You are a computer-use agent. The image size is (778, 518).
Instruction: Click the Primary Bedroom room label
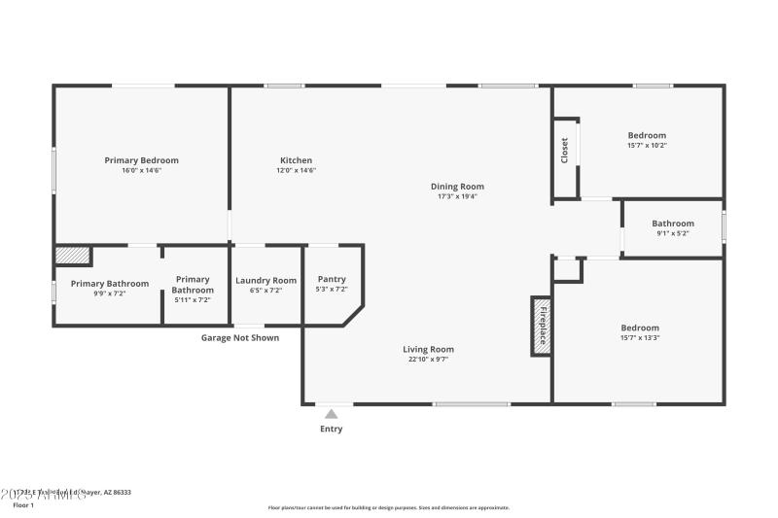[141, 160]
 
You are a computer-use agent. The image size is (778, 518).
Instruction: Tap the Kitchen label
[296, 160]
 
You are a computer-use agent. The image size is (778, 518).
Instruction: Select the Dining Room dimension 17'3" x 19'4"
[457, 196]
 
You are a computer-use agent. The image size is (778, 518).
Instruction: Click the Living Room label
[428, 349]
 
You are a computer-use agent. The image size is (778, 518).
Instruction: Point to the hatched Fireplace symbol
[541, 325]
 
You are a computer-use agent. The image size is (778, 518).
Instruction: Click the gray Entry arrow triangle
[331, 414]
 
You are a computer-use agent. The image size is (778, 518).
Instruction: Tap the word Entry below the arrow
[331, 429]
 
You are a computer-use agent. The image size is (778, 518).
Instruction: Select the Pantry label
[332, 279]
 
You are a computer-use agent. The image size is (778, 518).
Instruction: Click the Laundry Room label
[265, 280]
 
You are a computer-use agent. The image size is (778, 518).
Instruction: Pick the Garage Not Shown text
[239, 338]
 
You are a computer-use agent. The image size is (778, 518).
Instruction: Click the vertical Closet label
[564, 150]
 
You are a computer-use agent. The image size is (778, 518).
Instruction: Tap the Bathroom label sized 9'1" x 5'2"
[672, 224]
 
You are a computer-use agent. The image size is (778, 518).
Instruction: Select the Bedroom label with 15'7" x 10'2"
[647, 135]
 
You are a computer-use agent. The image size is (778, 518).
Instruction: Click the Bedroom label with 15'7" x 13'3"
[639, 328]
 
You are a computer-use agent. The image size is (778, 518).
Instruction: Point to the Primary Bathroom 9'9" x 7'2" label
[109, 284]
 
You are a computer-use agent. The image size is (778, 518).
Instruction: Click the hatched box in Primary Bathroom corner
[73, 255]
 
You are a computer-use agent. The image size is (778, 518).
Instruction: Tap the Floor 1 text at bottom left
[22, 505]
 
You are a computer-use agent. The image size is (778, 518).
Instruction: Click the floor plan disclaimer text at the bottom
[388, 507]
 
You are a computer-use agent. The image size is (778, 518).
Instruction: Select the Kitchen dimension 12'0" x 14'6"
[296, 171]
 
